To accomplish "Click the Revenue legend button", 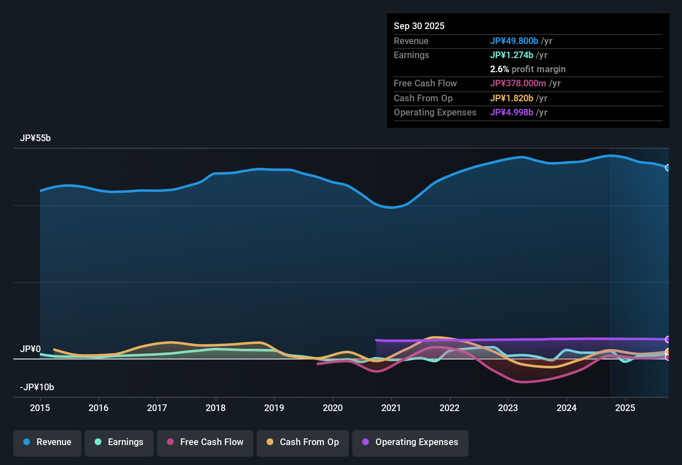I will [x=47, y=442].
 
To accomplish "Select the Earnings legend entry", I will [x=119, y=442].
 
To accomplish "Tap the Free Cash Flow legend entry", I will [x=205, y=442].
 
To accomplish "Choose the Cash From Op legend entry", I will [x=303, y=442].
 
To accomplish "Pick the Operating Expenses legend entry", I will [x=410, y=442].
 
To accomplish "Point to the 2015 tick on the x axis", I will [x=40, y=408].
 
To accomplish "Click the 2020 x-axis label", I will [x=333, y=408].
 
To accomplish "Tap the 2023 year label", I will [x=508, y=408].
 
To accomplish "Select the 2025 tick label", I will [x=625, y=408].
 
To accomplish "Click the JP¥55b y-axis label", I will [x=35, y=138].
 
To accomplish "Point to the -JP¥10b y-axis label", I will [x=37, y=387].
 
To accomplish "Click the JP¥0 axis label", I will [x=30, y=349].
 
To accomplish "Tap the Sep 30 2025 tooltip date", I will [x=419, y=26].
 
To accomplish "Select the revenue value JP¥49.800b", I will [x=514, y=41].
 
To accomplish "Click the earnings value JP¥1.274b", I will [x=512, y=55].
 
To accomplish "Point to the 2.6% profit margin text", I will [x=527, y=69].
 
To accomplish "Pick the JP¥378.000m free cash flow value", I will [x=518, y=83].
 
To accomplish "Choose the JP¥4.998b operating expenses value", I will [x=512, y=112].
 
